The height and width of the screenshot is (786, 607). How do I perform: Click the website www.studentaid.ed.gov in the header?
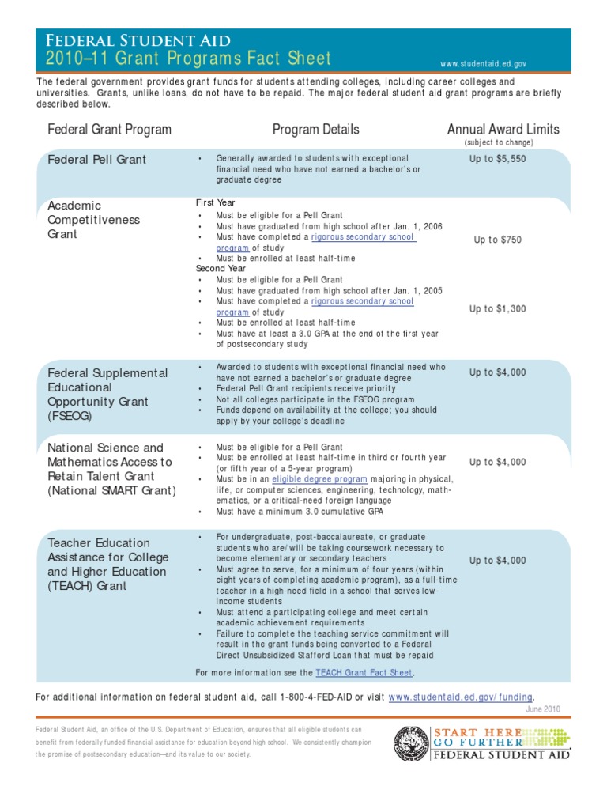click(x=484, y=63)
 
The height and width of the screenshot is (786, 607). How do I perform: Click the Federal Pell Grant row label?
click(x=96, y=160)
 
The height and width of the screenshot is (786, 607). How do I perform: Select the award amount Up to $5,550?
click(x=498, y=159)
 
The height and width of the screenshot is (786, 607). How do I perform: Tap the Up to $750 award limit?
click(x=498, y=240)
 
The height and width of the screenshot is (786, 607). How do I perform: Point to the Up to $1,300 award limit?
click(x=498, y=309)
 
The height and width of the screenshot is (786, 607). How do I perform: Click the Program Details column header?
click(x=315, y=130)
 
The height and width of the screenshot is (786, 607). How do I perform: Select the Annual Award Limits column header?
click(x=503, y=130)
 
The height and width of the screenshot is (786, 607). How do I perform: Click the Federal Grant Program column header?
click(x=109, y=130)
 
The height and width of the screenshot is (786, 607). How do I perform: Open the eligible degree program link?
click(x=319, y=479)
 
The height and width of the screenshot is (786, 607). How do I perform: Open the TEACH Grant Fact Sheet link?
click(x=364, y=673)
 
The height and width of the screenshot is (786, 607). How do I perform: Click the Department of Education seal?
click(x=412, y=744)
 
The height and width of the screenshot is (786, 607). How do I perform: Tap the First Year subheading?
click(x=215, y=203)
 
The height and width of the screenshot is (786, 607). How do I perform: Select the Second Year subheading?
click(x=221, y=269)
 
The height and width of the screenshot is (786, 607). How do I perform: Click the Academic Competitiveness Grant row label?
click(x=93, y=220)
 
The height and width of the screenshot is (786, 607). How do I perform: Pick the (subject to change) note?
click(x=498, y=143)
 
